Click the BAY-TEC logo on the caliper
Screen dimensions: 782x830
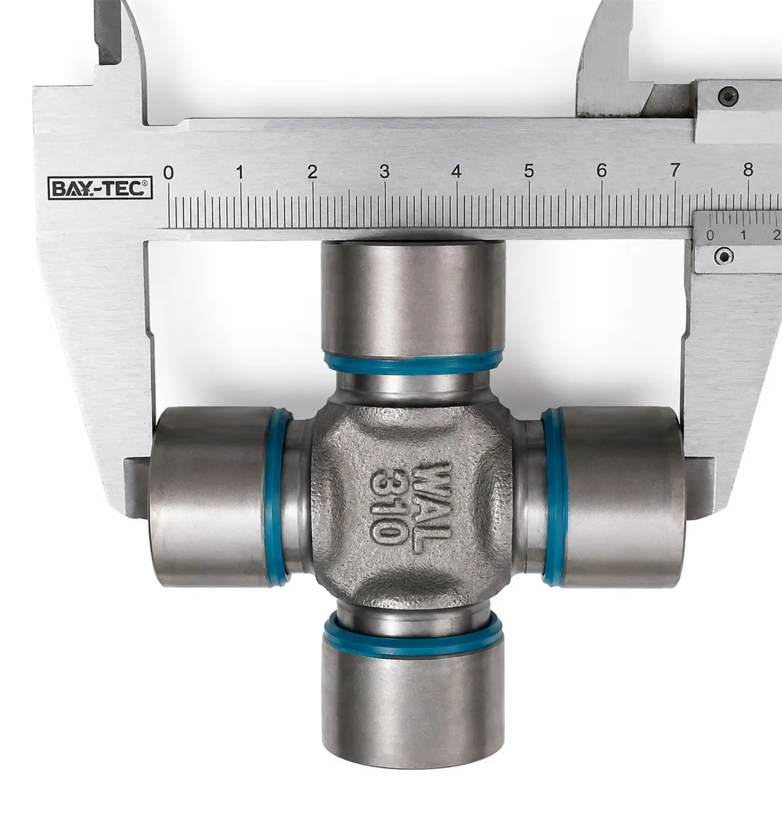click(x=100, y=187)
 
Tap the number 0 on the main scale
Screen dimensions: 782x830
click(x=168, y=172)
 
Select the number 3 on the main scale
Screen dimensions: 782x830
click(x=384, y=172)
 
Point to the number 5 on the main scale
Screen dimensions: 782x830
click(x=529, y=171)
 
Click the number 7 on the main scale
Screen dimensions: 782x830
click(x=675, y=170)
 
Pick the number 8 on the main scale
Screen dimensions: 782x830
click(x=748, y=169)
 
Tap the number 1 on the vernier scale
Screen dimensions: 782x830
click(x=743, y=235)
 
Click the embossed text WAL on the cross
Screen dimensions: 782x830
click(x=431, y=508)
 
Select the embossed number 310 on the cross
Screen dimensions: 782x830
click(x=389, y=507)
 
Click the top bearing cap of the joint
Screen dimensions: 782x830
click(x=413, y=299)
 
